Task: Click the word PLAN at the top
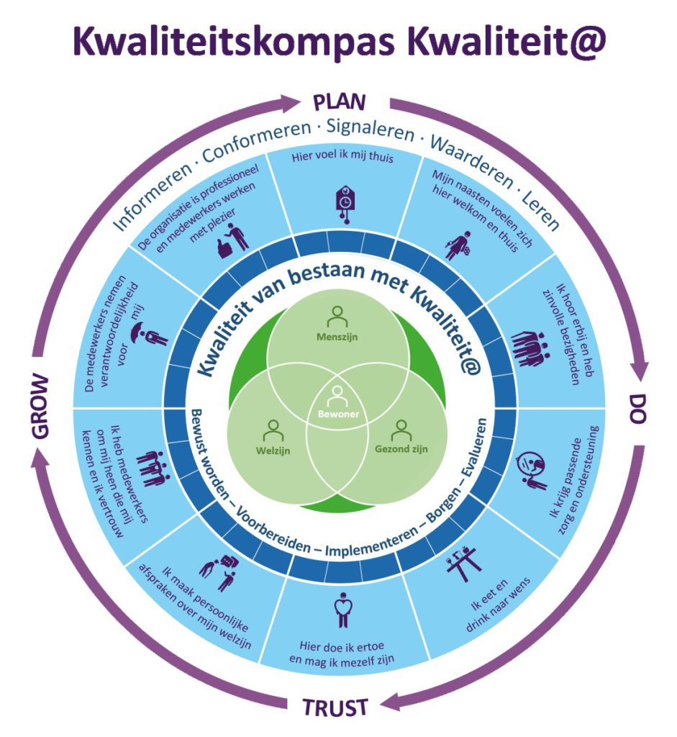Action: tap(339, 102)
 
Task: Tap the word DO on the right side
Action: tap(638, 409)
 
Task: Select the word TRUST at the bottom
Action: tap(335, 707)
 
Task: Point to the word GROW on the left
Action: tap(40, 407)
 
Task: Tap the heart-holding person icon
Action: tap(343, 610)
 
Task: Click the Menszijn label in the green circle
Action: tap(337, 337)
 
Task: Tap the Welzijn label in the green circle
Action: tap(273, 451)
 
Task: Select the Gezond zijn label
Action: tap(401, 449)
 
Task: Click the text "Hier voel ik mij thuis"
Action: tap(342, 156)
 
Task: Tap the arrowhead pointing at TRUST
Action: tap(391, 704)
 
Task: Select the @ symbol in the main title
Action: tap(586, 41)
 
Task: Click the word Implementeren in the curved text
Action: tap(372, 541)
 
